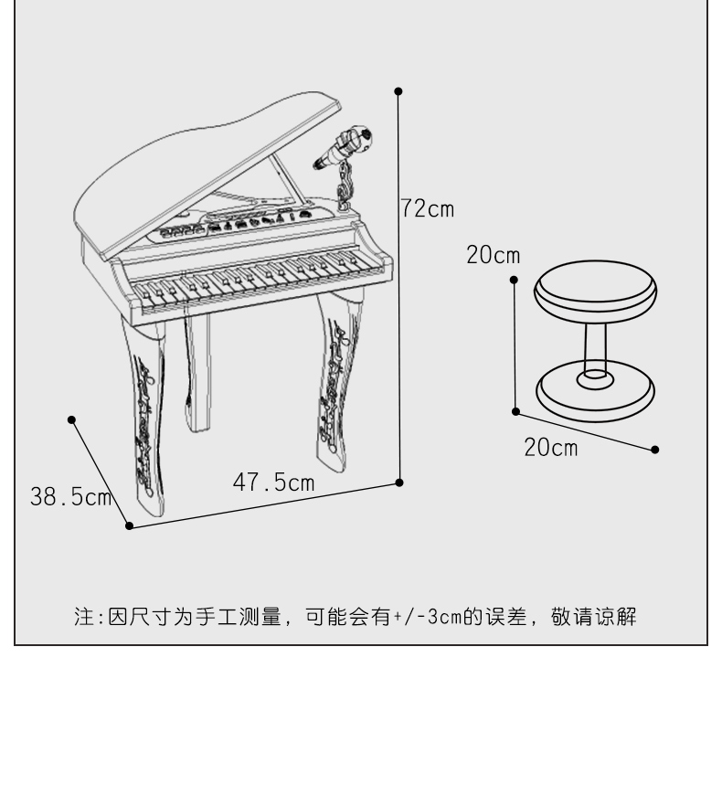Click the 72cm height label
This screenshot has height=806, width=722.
[428, 209]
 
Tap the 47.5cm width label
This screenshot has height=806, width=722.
[273, 483]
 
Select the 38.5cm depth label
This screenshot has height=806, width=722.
[70, 497]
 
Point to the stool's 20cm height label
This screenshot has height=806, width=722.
[493, 255]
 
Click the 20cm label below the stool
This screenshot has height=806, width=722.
[550, 448]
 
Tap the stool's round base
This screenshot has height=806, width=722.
[596, 391]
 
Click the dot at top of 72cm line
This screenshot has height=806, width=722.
[398, 91]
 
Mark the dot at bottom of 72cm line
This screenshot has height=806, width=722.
[399, 483]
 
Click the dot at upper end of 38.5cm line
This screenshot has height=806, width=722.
[72, 419]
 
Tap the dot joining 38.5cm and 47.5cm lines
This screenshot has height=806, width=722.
[129, 525]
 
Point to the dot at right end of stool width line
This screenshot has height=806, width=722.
[655, 450]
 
